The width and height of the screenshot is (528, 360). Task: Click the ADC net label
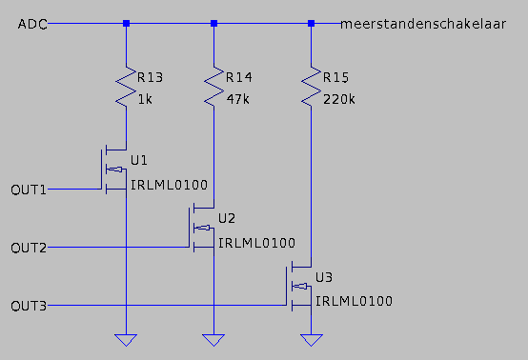(x=32, y=24)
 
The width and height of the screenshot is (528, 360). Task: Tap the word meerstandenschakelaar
(x=423, y=24)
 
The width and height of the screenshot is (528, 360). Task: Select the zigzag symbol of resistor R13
(x=126, y=87)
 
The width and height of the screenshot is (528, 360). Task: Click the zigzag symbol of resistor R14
(x=213, y=87)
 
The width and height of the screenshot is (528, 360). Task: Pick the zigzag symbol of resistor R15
(x=311, y=87)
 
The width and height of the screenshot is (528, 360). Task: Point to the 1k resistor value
(x=145, y=100)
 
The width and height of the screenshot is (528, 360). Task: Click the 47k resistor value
(x=237, y=100)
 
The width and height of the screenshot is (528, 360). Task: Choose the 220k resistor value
(x=338, y=100)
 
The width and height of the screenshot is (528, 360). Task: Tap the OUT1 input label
(x=29, y=190)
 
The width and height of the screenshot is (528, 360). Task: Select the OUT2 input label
(x=29, y=249)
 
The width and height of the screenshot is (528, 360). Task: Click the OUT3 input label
(x=29, y=306)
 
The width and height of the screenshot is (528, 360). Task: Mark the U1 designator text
(x=139, y=161)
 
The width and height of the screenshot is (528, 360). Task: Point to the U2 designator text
(x=227, y=219)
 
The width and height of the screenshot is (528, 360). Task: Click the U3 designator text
(x=324, y=277)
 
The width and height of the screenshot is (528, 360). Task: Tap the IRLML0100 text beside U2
(x=257, y=243)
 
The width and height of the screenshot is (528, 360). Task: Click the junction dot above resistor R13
(x=126, y=24)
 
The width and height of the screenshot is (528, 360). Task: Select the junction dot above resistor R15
(x=311, y=24)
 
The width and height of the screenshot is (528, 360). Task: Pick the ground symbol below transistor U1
(x=126, y=340)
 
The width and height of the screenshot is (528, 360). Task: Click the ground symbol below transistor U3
(x=311, y=340)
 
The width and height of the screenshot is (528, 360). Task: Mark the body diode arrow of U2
(x=203, y=229)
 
